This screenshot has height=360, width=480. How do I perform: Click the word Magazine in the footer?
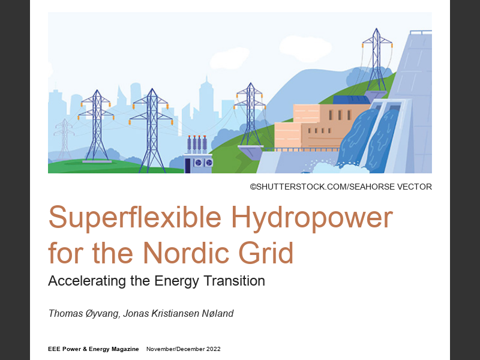pos(123,349)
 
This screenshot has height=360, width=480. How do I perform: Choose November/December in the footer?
pos(173,349)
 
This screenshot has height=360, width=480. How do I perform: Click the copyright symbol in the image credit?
pos(254,187)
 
